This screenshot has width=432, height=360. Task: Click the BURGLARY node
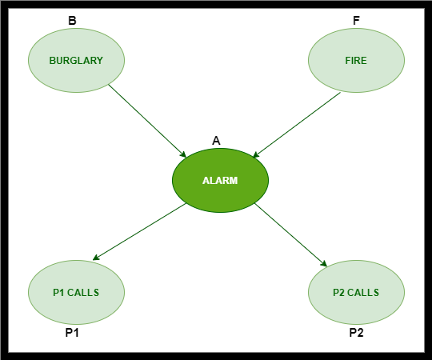point(76,60)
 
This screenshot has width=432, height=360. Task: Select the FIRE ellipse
point(356,60)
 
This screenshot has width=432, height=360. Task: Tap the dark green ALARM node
point(220,181)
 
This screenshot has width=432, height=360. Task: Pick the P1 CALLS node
point(76,292)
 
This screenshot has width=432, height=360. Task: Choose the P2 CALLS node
point(356,292)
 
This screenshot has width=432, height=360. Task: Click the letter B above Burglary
point(72,21)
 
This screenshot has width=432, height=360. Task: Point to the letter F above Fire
point(356,21)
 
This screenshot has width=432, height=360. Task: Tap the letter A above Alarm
point(216,141)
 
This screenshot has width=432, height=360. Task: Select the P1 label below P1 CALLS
point(72,333)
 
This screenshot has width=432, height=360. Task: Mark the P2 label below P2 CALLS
point(356,333)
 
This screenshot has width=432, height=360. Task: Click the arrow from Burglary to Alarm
point(147,121)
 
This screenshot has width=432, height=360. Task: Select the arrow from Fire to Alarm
point(297,125)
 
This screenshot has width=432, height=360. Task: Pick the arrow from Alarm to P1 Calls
point(139,231)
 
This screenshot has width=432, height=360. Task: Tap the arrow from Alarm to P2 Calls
point(290,235)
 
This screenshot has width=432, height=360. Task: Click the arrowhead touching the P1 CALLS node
point(96,258)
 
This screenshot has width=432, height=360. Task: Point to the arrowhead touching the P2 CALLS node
point(324,263)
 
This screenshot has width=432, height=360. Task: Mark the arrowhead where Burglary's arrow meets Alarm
point(183,154)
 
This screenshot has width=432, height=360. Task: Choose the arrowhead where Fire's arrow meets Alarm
point(256,155)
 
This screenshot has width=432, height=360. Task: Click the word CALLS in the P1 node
point(83,293)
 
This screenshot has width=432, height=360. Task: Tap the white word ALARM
point(220,181)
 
